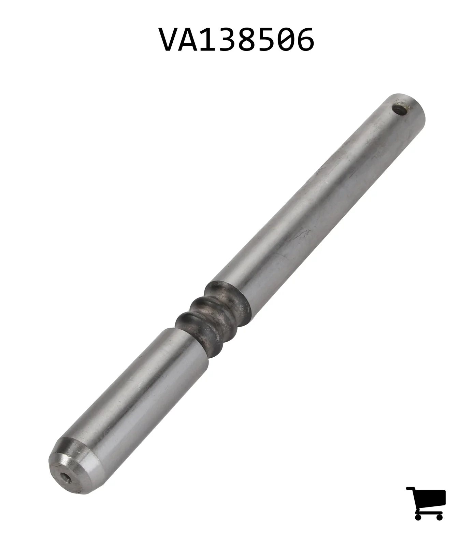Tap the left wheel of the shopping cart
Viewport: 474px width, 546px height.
419,516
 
